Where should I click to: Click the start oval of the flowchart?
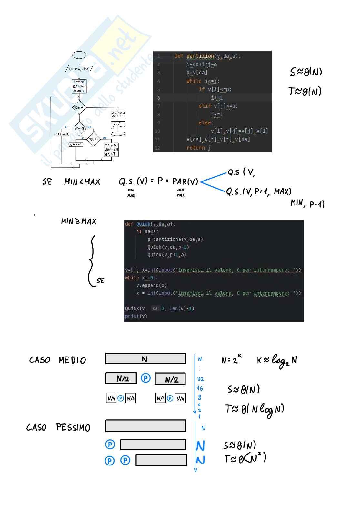point(79,55)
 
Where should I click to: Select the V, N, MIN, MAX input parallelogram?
point(79,69)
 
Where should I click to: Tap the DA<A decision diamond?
point(79,107)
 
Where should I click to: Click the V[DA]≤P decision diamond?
point(79,129)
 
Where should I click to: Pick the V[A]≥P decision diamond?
point(94,139)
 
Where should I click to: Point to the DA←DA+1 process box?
point(62,134)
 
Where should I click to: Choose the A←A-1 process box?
point(76,144)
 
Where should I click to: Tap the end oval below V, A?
point(118,133)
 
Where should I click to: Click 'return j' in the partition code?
point(198,148)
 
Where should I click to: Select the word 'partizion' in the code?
point(200,56)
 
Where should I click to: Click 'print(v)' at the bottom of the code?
point(136,316)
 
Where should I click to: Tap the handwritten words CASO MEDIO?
point(57,360)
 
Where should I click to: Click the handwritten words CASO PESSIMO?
point(58,427)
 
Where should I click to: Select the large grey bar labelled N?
point(145,359)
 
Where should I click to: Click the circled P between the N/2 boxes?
point(145,378)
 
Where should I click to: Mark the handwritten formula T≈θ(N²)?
point(245,458)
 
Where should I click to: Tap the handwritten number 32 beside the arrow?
point(200,379)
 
